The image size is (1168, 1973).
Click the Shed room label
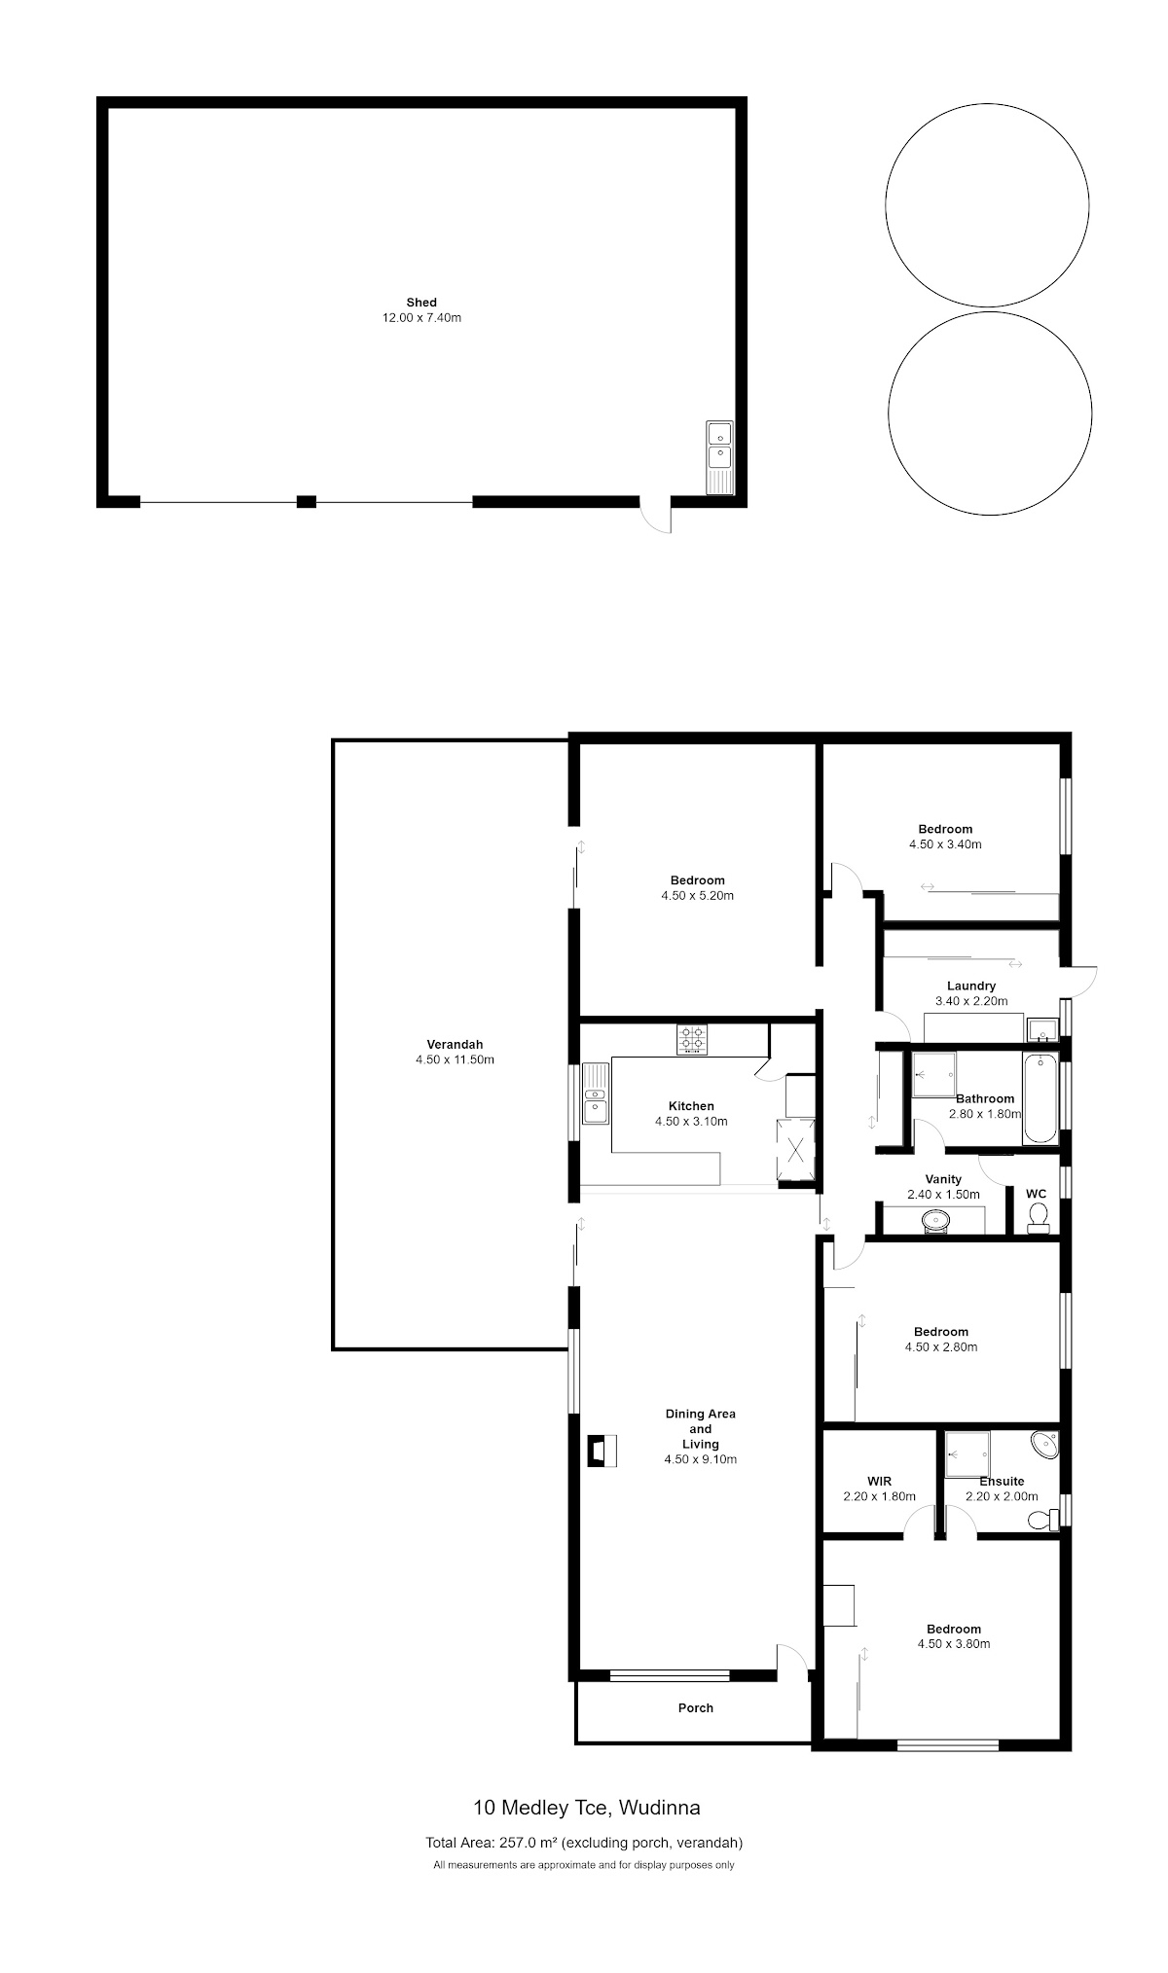(421, 303)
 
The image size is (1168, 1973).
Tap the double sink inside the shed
(719, 457)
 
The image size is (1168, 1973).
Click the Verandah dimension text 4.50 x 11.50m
(455, 1059)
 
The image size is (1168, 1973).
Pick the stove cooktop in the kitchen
(693, 1038)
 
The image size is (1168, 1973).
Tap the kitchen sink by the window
(596, 1093)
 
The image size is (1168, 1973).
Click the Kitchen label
(691, 1106)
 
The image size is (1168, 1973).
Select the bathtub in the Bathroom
(1040, 1099)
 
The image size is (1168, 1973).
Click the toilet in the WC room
(1039, 1217)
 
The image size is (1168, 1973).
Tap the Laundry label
(971, 986)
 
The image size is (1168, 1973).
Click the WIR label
(879, 1482)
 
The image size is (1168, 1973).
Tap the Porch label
(696, 1707)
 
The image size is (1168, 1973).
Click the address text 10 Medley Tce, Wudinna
(587, 1808)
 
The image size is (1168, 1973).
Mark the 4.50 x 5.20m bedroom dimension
(697, 896)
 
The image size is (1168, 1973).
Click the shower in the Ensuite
(967, 1455)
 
